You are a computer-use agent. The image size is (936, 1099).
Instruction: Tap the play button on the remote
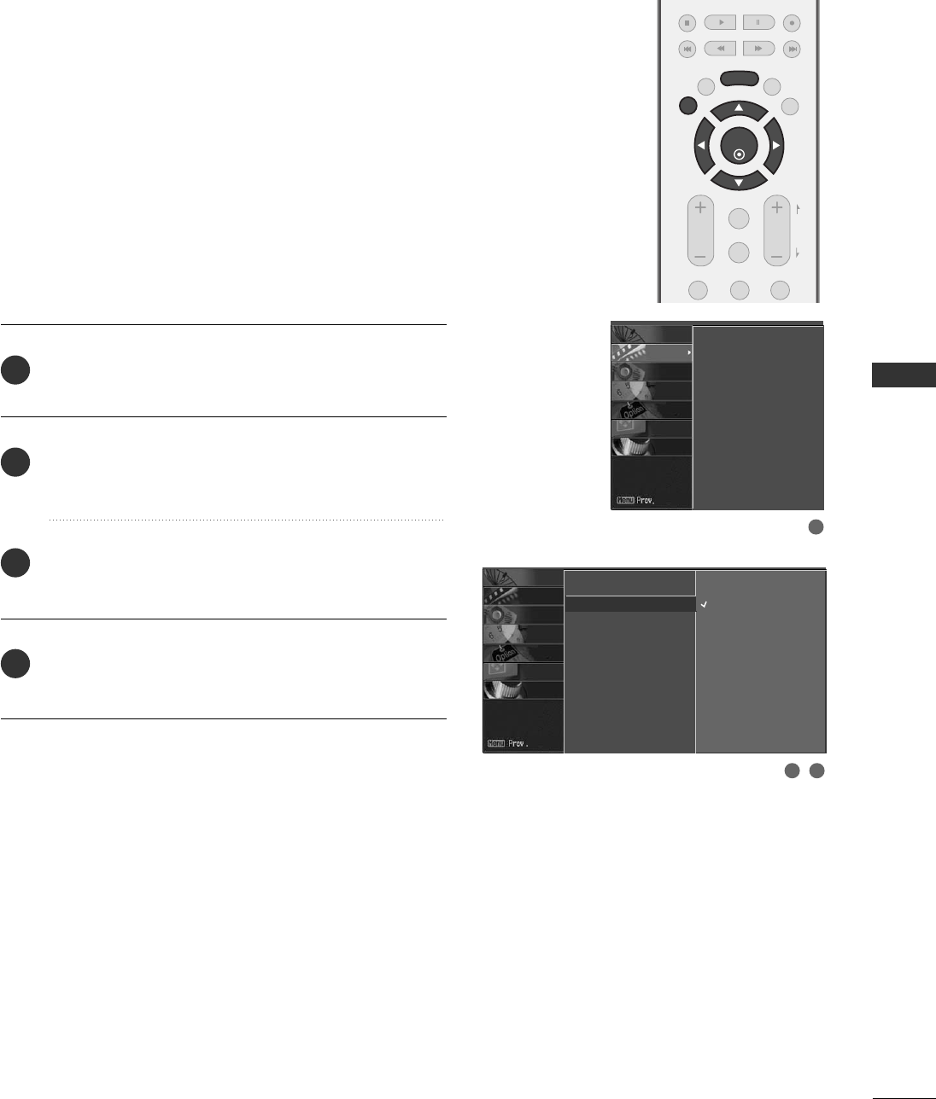[722, 23]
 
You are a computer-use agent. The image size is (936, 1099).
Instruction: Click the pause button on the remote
[758, 23]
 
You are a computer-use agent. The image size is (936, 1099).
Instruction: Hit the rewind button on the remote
[722, 49]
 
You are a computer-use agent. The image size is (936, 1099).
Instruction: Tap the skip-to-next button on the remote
[793, 49]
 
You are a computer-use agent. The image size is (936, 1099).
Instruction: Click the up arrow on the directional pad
[739, 108]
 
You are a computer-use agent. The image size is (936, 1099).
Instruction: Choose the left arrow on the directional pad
[701, 146]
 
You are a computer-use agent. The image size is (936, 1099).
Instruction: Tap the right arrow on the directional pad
[776, 146]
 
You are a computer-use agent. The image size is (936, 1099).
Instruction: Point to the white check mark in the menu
[705, 604]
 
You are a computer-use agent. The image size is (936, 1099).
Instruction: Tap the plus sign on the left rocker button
[700, 208]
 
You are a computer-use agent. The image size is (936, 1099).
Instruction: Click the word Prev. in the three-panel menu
[518, 744]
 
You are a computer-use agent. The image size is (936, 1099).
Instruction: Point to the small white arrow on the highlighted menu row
[687, 352]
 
